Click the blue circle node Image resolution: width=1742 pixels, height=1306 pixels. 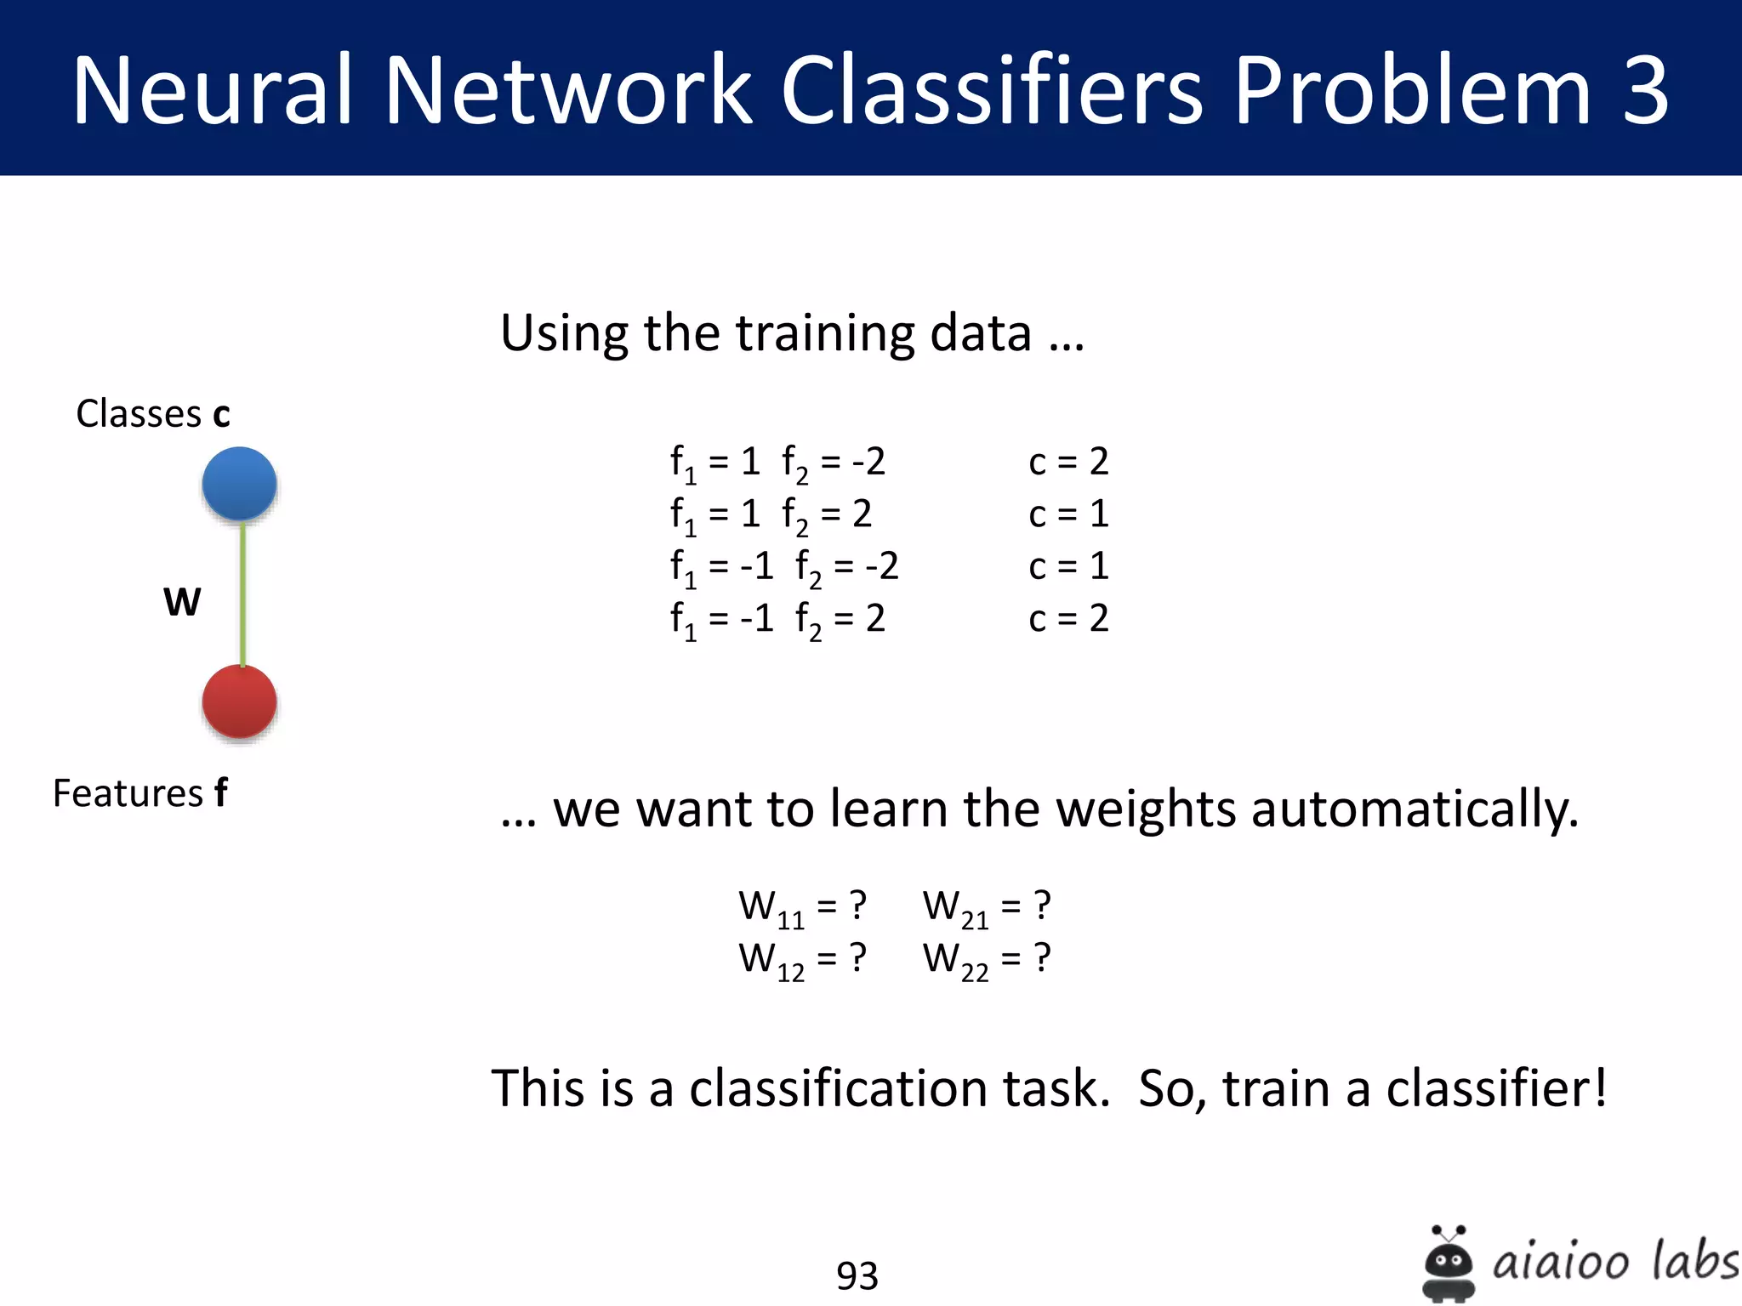coord(239,484)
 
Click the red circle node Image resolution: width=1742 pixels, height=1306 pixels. coord(239,701)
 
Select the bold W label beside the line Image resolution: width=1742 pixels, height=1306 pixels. coord(182,602)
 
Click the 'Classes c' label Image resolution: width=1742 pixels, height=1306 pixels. coord(153,414)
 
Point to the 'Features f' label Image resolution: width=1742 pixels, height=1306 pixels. coord(140,793)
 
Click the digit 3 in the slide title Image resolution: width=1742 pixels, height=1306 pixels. coord(1646,90)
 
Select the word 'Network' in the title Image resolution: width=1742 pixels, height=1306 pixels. coord(568,90)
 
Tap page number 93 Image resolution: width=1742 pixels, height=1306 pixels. coord(857,1275)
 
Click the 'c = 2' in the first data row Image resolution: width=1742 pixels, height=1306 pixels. coord(1068,462)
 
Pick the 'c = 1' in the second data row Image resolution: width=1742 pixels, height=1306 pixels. coord(1068,514)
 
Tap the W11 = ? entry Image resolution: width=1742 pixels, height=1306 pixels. coord(802,907)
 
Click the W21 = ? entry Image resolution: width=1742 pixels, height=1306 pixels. coord(987,907)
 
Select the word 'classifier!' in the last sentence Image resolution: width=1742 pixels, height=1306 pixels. coord(1497,1088)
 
